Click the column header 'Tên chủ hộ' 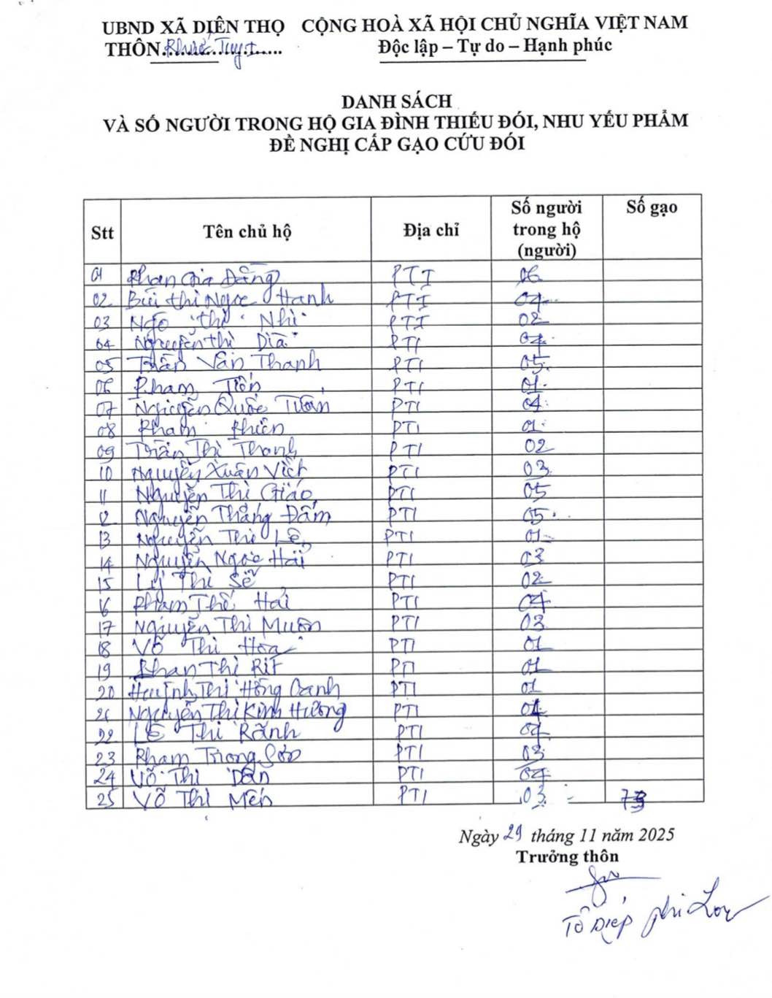247,232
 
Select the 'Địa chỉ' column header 431,231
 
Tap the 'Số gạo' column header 652,207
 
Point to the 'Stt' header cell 102,233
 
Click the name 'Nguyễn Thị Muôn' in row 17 227,626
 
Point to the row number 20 105,691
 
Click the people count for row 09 539,447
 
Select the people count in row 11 536,491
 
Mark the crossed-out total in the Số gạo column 633,800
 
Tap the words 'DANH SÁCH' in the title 396,101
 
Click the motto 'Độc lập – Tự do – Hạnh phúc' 495,46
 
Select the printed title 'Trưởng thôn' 567,857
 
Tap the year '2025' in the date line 656,834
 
